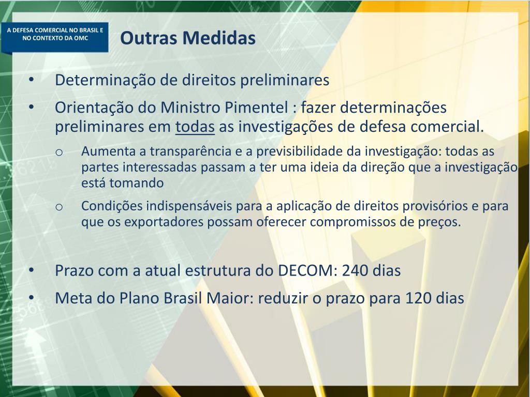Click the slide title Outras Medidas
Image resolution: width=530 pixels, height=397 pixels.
point(188,38)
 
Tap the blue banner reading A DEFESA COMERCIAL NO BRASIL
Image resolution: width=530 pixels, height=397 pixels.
point(55,34)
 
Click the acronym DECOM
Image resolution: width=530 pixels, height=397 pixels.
point(307,270)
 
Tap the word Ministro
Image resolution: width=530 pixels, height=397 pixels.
point(191,108)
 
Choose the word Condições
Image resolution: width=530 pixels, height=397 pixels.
point(111,206)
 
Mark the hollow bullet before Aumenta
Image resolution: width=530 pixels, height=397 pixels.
point(59,152)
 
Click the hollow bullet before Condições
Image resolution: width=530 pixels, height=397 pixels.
point(59,207)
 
